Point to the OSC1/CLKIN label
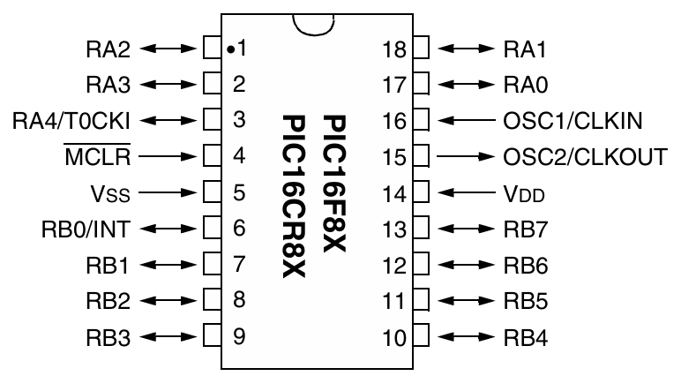point(572,119)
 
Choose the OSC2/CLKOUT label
point(584,156)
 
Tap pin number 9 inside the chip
point(238,335)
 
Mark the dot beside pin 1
point(228,49)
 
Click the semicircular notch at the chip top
point(315,23)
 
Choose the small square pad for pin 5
point(211,191)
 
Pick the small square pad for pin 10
point(421,335)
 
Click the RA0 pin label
point(524,84)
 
